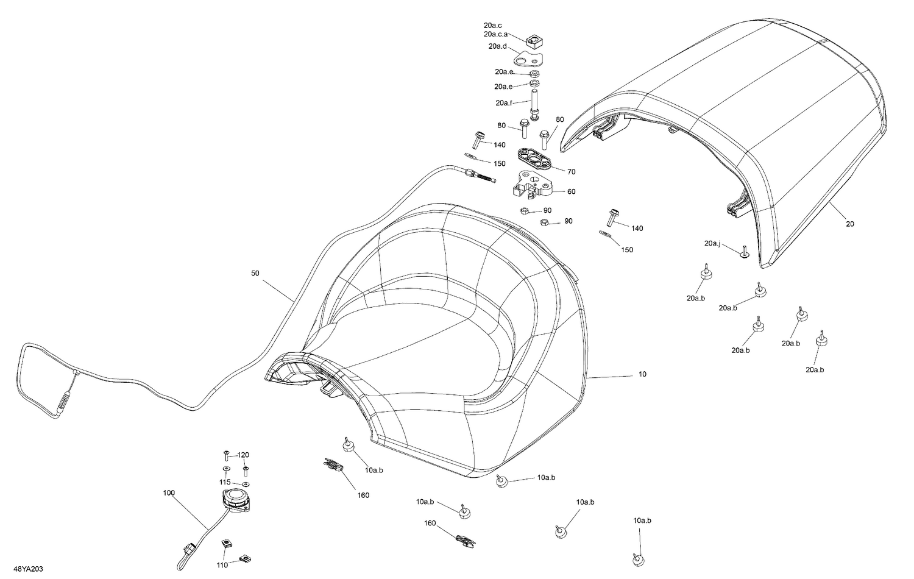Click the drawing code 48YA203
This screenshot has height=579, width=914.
[28, 569]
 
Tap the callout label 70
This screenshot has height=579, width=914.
[572, 172]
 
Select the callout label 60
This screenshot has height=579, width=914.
[572, 191]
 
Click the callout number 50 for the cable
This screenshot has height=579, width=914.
[255, 273]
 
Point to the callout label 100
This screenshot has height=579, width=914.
[169, 493]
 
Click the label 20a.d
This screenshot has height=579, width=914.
[497, 46]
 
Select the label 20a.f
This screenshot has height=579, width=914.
[504, 103]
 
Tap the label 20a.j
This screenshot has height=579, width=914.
[712, 244]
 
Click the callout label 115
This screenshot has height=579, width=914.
[225, 482]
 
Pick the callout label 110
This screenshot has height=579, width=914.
[222, 566]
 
